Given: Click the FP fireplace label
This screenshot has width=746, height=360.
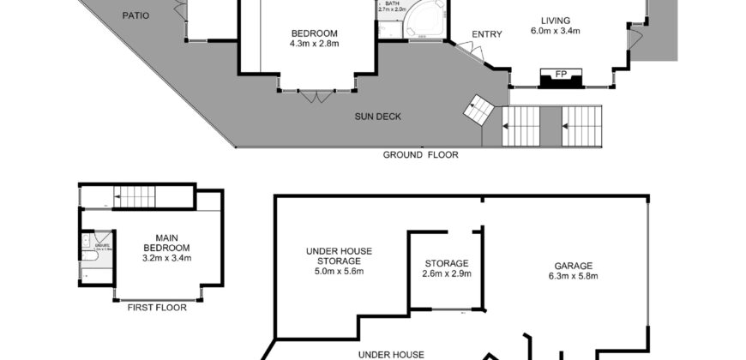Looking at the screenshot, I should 560,75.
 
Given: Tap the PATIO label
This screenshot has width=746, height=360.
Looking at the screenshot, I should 136,15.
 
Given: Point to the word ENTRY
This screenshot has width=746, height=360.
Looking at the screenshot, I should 486,34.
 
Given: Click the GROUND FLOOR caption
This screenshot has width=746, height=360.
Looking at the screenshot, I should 420,155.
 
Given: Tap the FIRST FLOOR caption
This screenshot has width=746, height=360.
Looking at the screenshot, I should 157,307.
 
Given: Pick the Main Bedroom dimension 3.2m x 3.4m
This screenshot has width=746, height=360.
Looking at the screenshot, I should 166,257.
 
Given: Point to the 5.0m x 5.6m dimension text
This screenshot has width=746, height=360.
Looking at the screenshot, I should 339,272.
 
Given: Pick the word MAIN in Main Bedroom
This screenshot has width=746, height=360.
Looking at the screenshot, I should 166,237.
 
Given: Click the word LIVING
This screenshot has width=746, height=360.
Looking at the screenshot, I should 555,21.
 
